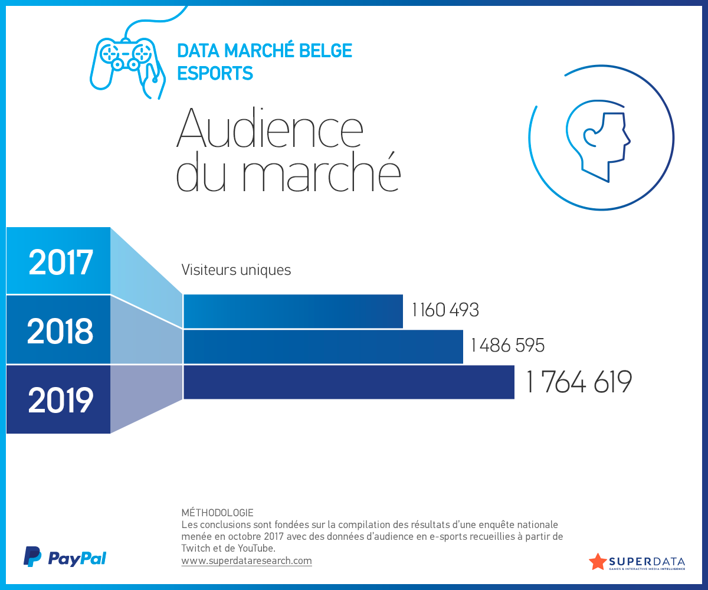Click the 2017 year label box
click(x=59, y=261)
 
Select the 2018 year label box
click(x=59, y=330)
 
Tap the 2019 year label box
click(x=59, y=400)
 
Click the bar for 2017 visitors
click(x=293, y=312)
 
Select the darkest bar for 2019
click(x=348, y=382)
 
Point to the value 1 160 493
click(x=445, y=310)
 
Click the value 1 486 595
click(x=507, y=345)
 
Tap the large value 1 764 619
click(x=578, y=382)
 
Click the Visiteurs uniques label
click(x=236, y=270)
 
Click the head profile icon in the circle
click(x=599, y=142)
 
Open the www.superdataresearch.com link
click(x=247, y=561)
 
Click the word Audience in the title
click(x=270, y=129)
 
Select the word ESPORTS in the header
click(x=215, y=73)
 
